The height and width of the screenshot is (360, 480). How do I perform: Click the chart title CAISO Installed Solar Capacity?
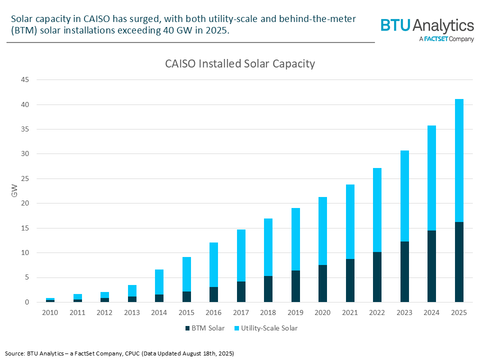click(240, 64)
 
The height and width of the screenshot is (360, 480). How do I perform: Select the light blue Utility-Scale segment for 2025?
click(459, 160)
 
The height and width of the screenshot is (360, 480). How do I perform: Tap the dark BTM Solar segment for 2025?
click(459, 262)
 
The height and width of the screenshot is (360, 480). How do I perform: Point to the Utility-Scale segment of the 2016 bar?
click(213, 264)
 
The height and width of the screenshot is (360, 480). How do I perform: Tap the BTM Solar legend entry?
click(205, 328)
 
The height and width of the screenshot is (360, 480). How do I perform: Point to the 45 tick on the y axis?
click(25, 80)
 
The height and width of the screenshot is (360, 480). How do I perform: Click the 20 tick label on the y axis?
click(25, 203)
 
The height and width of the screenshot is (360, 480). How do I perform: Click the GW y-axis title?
click(14, 190)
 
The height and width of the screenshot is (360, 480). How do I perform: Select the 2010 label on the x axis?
click(50, 312)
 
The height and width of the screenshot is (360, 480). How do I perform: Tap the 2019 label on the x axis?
click(295, 312)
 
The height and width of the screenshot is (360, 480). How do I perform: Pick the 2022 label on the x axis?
click(377, 312)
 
